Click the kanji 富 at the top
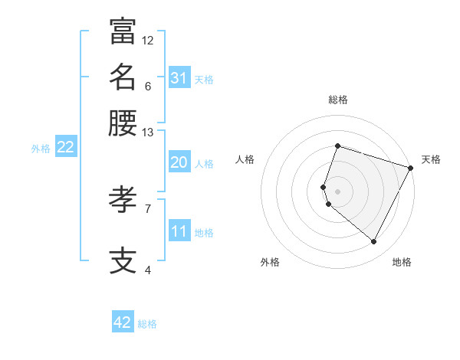[123, 31]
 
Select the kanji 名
[123, 77]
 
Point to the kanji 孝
[123, 200]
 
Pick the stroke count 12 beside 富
[148, 40]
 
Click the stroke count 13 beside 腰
[148, 133]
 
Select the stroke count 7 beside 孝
[148, 208]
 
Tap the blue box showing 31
[179, 78]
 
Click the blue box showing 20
[179, 162]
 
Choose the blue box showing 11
[179, 231]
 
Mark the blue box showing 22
[65, 147]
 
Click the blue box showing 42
[123, 322]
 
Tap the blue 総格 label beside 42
[147, 324]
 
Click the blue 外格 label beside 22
[41, 149]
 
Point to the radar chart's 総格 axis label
[337, 100]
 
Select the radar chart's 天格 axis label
[431, 159]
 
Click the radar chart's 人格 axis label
[245, 159]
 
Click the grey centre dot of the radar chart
[337, 191]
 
